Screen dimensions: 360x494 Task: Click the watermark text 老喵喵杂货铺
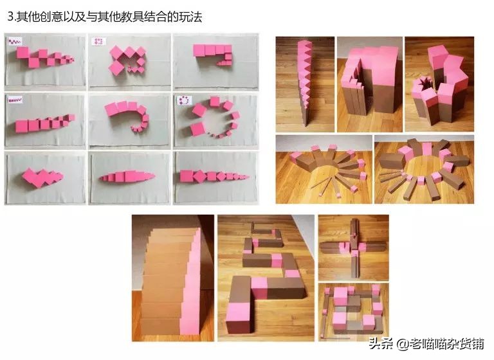(451, 344)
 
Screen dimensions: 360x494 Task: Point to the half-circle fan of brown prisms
(323, 169)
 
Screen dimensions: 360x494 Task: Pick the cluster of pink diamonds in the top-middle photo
(127, 59)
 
